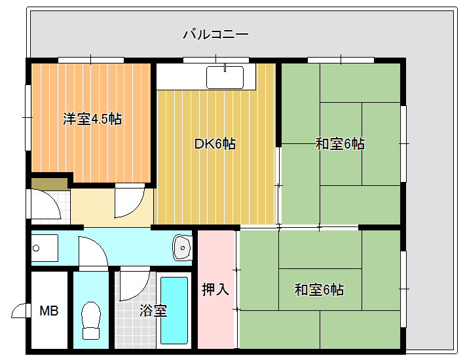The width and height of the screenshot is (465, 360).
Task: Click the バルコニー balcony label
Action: [x=215, y=35]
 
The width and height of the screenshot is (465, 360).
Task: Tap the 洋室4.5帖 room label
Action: [x=92, y=119]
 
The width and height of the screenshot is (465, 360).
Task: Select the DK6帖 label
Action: [x=215, y=144]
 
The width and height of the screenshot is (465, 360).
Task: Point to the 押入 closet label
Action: [x=215, y=289]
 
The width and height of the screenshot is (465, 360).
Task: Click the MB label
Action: [x=49, y=311]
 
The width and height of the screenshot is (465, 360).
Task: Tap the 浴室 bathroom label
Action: [x=153, y=310]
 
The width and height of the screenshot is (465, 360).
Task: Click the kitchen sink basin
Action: [x=225, y=77]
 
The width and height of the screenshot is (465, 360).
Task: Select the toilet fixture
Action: [x=91, y=321]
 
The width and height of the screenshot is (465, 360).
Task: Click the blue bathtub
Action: [x=174, y=310]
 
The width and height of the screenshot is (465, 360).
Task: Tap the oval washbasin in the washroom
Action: [x=182, y=247]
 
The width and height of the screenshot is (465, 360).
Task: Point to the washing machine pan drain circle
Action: [x=36, y=248]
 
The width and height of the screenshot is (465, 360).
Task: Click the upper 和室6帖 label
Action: [x=340, y=144]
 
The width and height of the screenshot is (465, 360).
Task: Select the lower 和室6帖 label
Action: [x=319, y=289]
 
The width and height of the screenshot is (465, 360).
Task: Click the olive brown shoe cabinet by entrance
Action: [x=50, y=183]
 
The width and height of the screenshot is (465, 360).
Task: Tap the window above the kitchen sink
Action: [x=216, y=60]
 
